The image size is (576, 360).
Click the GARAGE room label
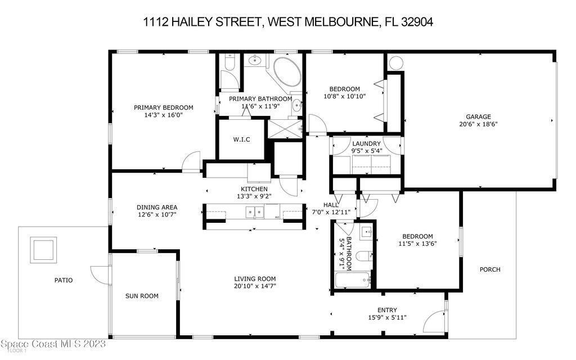[478, 117]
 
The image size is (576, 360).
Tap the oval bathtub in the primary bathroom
[287, 72]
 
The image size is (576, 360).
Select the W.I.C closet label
[242, 139]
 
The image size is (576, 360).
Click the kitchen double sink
[254, 212]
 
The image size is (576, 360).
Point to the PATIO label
[64, 280]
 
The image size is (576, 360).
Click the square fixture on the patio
[43, 250]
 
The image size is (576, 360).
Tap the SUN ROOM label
[142, 296]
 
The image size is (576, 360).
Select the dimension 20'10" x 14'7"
[255, 286]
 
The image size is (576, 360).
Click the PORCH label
[490, 269]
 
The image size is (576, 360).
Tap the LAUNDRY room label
[366, 143]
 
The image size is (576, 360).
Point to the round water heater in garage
[396, 63]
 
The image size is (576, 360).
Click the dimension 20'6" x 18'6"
[478, 124]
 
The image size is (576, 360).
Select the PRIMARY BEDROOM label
[164, 107]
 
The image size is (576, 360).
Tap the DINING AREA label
[157, 208]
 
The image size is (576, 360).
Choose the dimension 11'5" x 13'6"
[418, 244]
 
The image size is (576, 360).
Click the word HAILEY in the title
[192, 22]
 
